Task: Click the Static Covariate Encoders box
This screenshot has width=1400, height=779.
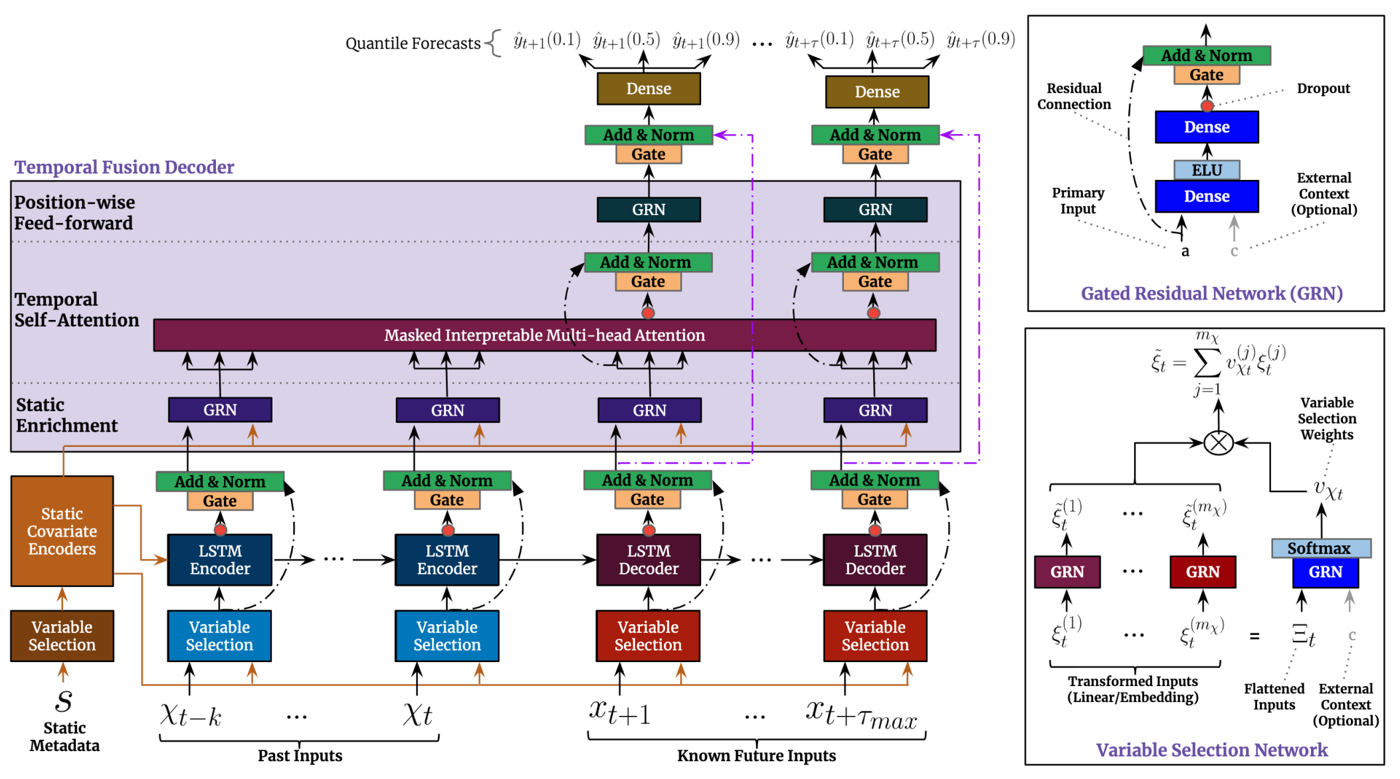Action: coord(62,531)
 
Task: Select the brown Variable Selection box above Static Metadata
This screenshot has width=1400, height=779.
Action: coord(62,636)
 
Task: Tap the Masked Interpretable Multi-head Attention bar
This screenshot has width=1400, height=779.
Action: coord(545,335)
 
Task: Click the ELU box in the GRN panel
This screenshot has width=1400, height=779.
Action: coord(1207,170)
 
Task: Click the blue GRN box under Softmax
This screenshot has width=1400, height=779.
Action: coord(1326,572)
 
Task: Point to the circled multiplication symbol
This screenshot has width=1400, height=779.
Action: coord(1219,443)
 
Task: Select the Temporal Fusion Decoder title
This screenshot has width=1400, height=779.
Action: coord(124,167)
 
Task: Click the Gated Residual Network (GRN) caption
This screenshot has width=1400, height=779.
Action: coord(1211,294)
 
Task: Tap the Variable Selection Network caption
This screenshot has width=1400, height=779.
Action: coord(1211,750)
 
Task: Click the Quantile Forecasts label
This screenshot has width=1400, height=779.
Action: coord(413,44)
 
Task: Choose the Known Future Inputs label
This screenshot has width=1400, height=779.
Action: coord(756,756)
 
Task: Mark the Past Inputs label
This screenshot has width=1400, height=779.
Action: coord(300,756)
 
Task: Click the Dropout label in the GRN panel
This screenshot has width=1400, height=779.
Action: coord(1323,88)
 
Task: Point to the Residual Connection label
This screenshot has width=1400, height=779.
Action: coord(1074,96)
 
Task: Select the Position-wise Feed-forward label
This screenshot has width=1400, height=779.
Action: coord(74,213)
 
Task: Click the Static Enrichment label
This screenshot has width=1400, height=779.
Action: coord(66,415)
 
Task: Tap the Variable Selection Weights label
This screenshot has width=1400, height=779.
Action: coord(1327,418)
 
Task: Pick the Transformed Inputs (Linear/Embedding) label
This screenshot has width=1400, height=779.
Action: coord(1133,689)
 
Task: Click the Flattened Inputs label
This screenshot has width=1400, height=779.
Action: coord(1274,697)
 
